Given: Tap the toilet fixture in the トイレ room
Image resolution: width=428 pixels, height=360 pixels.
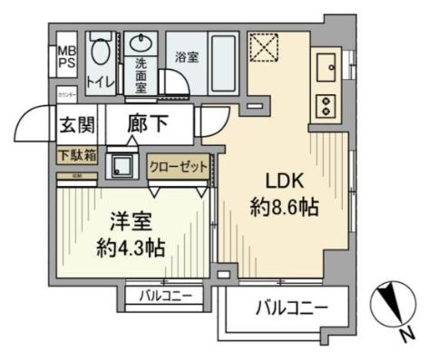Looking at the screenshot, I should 101,54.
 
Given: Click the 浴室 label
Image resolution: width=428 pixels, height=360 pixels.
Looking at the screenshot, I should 188,54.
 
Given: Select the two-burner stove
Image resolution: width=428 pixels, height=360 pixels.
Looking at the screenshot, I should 324,104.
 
